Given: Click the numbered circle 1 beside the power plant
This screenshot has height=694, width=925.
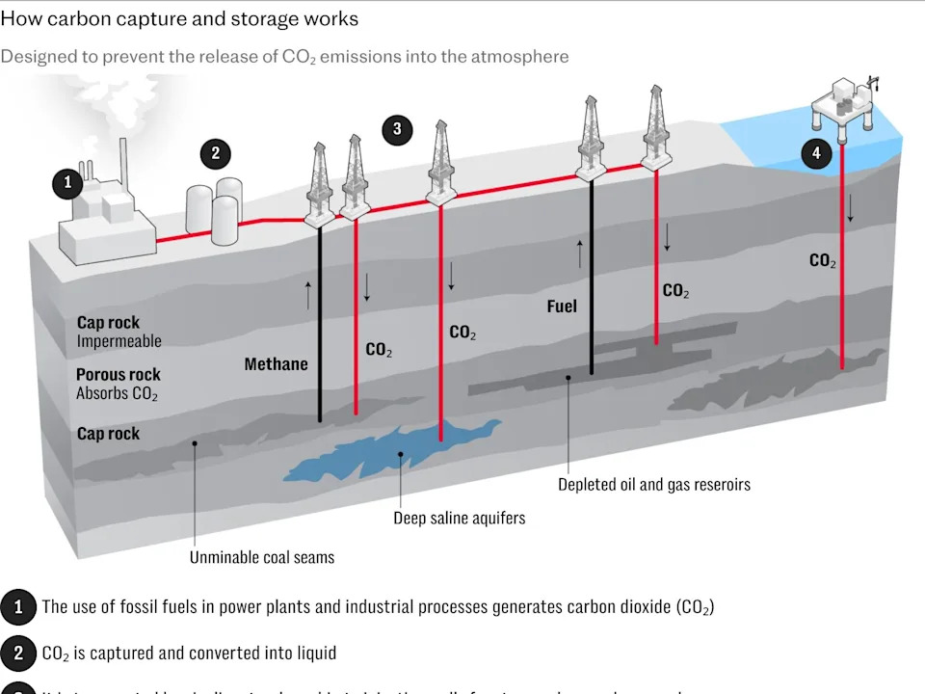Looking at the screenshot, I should pos(67,182).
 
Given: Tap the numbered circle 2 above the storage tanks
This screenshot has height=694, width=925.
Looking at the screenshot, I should pos(216,153).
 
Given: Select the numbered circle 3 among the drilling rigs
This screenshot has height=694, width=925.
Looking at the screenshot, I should pos(397,130).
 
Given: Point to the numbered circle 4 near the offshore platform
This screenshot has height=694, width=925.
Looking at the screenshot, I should pos(816,153).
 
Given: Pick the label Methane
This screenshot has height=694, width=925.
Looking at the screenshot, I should pos(276,363).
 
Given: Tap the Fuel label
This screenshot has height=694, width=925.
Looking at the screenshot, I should pos(562,306).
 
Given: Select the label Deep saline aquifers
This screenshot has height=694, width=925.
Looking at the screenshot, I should pos(459,518).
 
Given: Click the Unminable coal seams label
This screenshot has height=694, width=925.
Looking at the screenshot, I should pos(262,557).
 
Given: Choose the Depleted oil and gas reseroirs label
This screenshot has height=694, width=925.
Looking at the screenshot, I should pos(653,484).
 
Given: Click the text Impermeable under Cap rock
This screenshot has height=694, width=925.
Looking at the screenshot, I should pos(119,341).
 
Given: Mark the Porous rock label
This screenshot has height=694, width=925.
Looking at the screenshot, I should pos(119,374).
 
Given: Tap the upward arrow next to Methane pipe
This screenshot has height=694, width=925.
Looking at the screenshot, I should pos(308,295).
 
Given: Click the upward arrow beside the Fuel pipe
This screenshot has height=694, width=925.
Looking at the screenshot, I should pos(580,254).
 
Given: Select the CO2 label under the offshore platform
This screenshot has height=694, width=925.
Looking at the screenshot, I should pos(823,260).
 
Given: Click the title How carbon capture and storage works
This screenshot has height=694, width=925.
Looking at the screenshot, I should pos(179,18).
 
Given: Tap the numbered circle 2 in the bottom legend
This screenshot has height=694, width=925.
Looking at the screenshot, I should pos(18,653).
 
